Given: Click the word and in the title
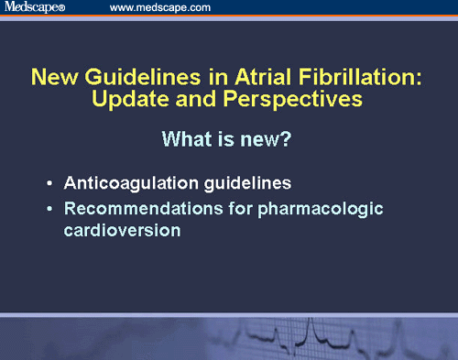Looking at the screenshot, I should [209, 99].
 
